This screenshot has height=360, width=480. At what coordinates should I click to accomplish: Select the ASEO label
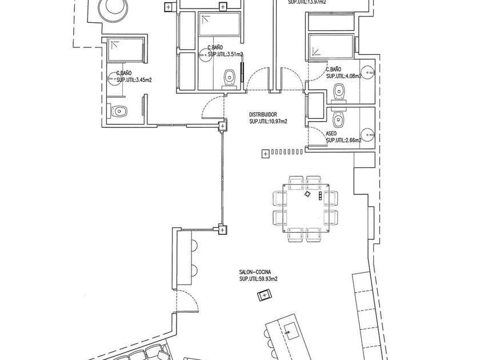pos(331,133)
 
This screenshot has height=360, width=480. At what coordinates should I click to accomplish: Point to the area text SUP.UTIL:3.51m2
pos(225,55)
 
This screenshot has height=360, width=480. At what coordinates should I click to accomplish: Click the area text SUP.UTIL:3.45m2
pos(135,81)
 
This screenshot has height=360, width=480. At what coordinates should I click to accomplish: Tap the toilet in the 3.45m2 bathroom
pos(119,111)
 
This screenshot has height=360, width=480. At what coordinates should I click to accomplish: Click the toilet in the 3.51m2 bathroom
pos(230,77)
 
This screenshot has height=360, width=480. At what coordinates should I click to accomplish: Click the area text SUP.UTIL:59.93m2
pos(258,279)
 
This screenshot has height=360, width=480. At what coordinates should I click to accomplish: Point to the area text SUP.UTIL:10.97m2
pos(268,121)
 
